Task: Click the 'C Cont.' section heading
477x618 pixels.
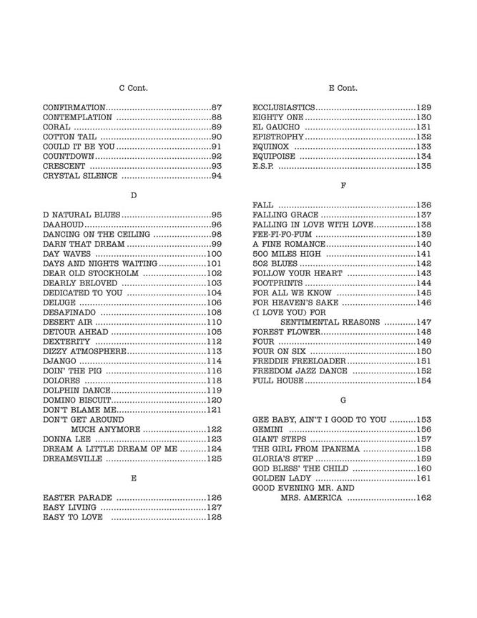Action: click(133, 88)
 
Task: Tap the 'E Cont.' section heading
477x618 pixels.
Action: click(343, 88)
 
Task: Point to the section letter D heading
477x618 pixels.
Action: click(133, 195)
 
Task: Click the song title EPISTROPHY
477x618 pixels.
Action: click(278, 137)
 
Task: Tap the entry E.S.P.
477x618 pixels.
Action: click(263, 166)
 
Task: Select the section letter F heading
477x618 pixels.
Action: click(343, 185)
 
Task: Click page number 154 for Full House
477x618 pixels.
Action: click(424, 381)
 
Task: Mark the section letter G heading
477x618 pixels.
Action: click(343, 400)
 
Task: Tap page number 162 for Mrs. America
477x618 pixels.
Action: click(424, 498)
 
